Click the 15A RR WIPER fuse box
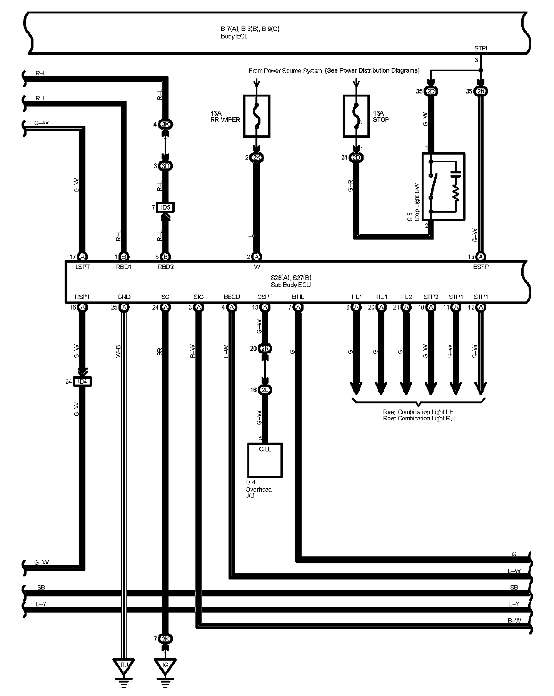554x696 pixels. click(x=257, y=116)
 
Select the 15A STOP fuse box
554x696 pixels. click(x=356, y=116)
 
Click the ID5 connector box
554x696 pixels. click(x=166, y=208)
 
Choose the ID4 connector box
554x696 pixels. click(x=82, y=381)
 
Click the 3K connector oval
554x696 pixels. click(x=166, y=124)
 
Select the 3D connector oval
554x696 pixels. click(x=166, y=166)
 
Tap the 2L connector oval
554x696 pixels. click(x=265, y=390)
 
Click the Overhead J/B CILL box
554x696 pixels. click(x=265, y=460)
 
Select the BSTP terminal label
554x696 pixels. click(x=481, y=266)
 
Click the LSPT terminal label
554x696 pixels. click(x=82, y=266)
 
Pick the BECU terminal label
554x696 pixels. click(x=232, y=297)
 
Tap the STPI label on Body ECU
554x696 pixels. click(x=481, y=49)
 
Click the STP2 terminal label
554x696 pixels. click(x=431, y=297)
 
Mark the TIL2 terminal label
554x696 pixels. click(x=406, y=297)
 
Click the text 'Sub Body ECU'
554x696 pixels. click(x=290, y=285)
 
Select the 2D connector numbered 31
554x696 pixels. click(x=357, y=157)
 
